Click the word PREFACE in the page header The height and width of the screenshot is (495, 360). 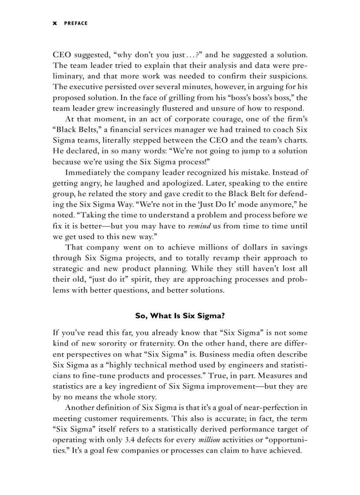pos(76,23)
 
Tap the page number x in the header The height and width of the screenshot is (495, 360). pos(55,23)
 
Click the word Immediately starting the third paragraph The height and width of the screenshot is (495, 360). pos(91,172)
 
